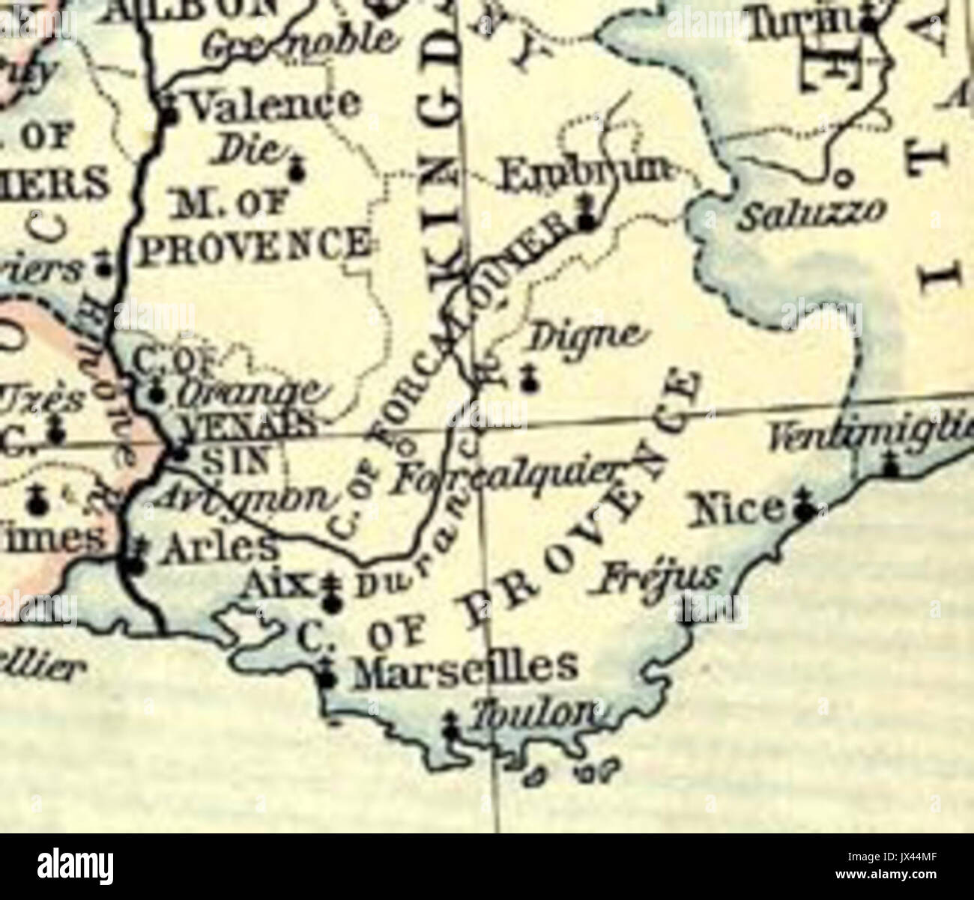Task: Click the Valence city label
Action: pyautogui.click(x=274, y=106)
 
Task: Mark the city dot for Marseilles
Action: pyautogui.click(x=327, y=679)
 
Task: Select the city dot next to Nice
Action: pyautogui.click(x=805, y=512)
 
